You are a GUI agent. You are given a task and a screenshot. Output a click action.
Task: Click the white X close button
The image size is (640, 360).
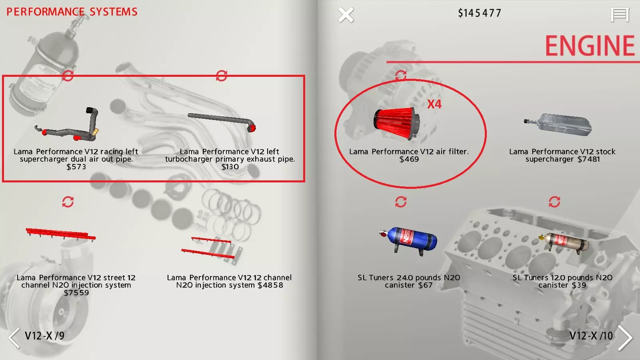click(346, 14)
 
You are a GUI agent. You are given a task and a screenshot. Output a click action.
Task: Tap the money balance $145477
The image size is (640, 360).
click(480, 13)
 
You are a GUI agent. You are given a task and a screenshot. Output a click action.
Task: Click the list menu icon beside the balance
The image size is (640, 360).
click(620, 14)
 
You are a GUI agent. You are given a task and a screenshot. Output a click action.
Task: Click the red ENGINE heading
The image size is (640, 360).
click(590, 46)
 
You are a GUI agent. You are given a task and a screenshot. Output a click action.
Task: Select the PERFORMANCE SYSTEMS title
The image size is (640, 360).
click(72, 12)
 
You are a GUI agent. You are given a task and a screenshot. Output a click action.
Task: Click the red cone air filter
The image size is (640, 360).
click(397, 123)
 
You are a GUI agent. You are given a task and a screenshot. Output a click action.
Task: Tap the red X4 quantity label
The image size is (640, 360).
click(434, 104)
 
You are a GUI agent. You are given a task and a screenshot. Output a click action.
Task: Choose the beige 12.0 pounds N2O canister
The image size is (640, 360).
click(564, 243)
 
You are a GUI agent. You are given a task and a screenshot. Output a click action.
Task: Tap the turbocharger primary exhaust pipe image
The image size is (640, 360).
click(222, 122)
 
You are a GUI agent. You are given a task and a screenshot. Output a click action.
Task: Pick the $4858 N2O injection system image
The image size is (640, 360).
click(212, 248)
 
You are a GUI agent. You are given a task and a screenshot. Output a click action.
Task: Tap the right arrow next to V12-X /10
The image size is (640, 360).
click(625, 337)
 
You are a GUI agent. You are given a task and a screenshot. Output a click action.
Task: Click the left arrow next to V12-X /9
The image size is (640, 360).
click(14, 338)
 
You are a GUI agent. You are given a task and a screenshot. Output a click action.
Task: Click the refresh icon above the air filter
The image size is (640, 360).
click(400, 76)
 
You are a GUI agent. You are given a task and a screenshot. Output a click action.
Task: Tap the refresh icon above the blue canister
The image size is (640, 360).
click(400, 202)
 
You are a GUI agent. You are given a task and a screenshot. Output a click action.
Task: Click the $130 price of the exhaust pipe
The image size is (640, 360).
click(230, 166)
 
